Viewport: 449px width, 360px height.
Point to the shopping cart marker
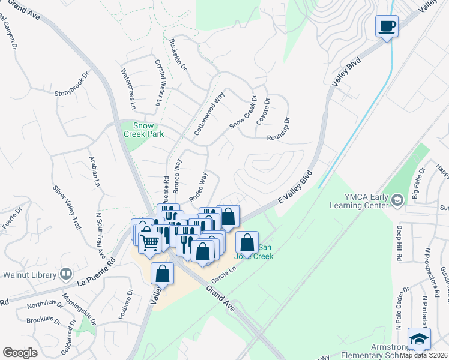(x=149, y=242)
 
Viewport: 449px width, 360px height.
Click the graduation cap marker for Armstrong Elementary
(x=419, y=338)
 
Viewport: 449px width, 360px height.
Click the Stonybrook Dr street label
(x=71, y=84)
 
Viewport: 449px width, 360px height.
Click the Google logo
(x=20, y=353)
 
